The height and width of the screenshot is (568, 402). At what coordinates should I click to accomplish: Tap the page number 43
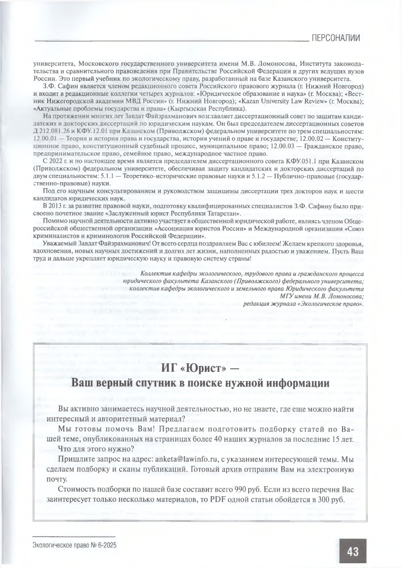(x=352, y=552)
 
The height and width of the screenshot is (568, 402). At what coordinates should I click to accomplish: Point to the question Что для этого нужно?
(x=96, y=448)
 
